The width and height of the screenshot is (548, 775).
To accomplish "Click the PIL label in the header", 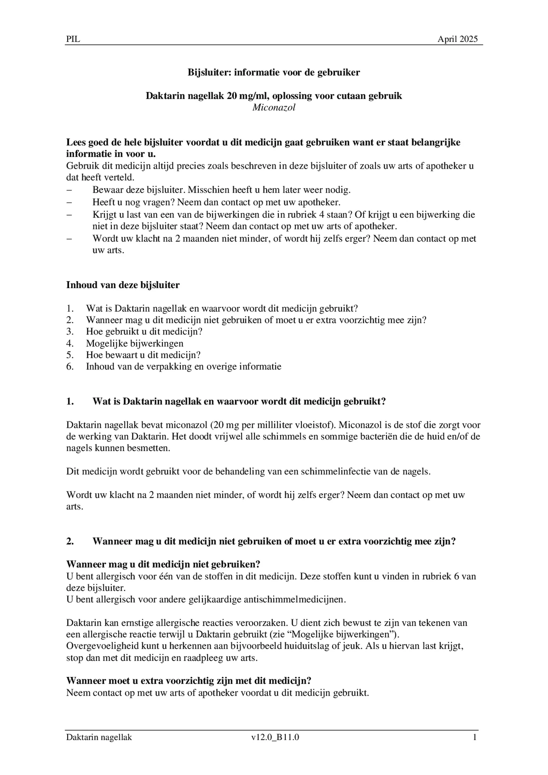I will (73, 39).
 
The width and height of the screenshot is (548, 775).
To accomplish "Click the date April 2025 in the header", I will (457, 39).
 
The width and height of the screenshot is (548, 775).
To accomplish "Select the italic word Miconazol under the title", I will (274, 108).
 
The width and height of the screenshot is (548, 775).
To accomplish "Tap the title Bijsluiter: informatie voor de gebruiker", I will (274, 72).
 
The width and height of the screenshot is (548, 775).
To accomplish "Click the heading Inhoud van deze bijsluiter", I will (123, 285).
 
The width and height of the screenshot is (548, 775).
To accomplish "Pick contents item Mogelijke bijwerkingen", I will (135, 343).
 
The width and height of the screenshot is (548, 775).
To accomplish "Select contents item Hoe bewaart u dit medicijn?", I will (143, 355).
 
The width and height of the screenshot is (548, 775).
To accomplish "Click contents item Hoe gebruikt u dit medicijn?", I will (144, 332).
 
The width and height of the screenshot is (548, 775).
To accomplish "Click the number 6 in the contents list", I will (70, 367).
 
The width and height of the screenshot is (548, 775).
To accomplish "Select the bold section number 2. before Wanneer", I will (70, 542).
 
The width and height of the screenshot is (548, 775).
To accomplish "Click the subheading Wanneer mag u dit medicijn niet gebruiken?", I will (163, 564).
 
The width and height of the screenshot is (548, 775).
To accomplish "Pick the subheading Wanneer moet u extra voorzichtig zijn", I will (189, 681).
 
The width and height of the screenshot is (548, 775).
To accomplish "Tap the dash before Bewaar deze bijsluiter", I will (69, 190).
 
